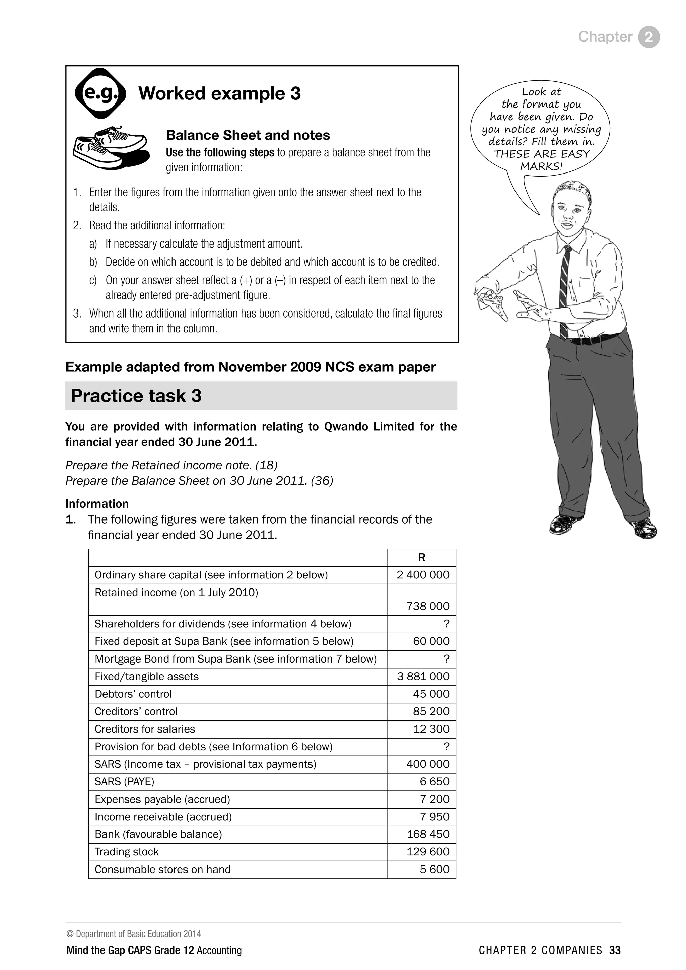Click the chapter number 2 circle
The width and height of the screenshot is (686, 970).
649,37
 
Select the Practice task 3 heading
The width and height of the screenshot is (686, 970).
136,396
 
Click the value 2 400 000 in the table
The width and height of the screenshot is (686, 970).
423,575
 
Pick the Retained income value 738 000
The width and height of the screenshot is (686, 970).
427,606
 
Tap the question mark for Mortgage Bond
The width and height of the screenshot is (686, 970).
447,659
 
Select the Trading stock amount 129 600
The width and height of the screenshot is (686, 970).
427,852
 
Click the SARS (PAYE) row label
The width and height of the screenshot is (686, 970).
124,782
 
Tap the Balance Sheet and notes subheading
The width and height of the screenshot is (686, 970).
248,135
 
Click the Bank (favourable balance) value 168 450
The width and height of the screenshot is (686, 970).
427,834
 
